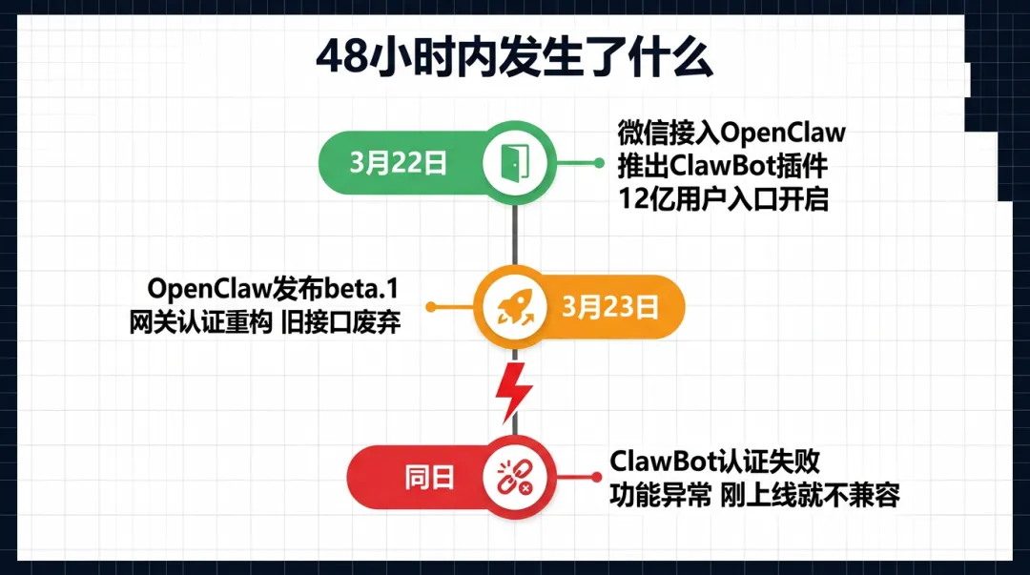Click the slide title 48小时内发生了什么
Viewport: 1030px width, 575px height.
(514, 59)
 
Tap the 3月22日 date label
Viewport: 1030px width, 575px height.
(399, 163)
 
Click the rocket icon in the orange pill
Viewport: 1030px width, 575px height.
(515, 307)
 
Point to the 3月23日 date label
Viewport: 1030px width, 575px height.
(610, 307)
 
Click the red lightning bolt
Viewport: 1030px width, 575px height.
(515, 391)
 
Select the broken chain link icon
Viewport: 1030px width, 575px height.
(515, 478)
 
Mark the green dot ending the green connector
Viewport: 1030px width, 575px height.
(599, 163)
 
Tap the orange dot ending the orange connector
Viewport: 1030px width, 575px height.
(431, 307)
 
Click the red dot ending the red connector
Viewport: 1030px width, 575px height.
(599, 478)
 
